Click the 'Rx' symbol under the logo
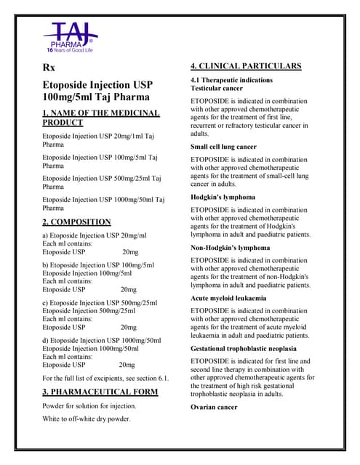[49, 68]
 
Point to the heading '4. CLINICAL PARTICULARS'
[245, 66]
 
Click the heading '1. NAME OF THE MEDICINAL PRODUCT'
[100, 118]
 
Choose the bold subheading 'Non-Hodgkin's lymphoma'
[230, 248]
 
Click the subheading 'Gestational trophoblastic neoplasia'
[249, 349]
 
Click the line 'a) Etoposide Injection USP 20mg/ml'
[95, 235]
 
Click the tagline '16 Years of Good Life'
[71, 49]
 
